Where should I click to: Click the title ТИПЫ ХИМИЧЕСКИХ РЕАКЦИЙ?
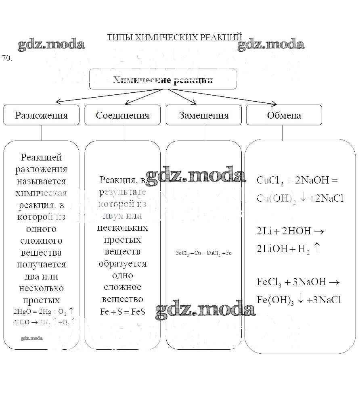pos(174,38)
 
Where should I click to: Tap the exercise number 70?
pos(7,58)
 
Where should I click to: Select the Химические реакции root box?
pos(163,79)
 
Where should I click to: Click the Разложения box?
pos(41,115)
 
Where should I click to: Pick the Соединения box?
pos(122,115)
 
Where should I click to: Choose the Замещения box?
pos(203,115)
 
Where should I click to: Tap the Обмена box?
pos(284,115)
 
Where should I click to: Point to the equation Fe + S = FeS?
pos(122,311)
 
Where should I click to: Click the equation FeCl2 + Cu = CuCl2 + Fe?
pos(203,253)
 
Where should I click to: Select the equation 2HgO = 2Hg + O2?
pos(43,311)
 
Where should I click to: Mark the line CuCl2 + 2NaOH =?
pos(297,180)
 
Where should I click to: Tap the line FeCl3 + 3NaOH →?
pos(298,282)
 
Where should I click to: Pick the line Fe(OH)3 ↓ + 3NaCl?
pos(299,300)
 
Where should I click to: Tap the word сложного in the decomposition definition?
pos(41,241)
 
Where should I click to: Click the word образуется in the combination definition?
pos(122,264)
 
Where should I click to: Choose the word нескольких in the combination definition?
pos(122,228)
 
